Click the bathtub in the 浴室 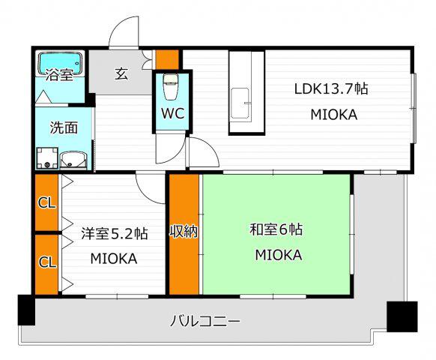tap(61, 64)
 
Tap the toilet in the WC tap(171, 86)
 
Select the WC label tap(172, 113)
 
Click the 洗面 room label tap(64, 127)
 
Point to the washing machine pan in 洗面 tap(47, 158)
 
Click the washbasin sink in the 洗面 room tap(74, 160)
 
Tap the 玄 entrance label tap(121, 73)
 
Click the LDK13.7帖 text tap(330, 89)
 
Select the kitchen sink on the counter tap(240, 103)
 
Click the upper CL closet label tap(47, 203)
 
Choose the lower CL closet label tap(47, 262)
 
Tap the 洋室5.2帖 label tap(115, 233)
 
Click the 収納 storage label tap(184, 232)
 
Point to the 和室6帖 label tap(276, 229)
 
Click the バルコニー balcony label tap(205, 322)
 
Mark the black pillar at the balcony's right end tap(402, 316)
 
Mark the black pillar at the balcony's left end tap(26, 310)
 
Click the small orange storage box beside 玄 tap(167, 59)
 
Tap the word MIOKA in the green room tap(279, 255)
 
